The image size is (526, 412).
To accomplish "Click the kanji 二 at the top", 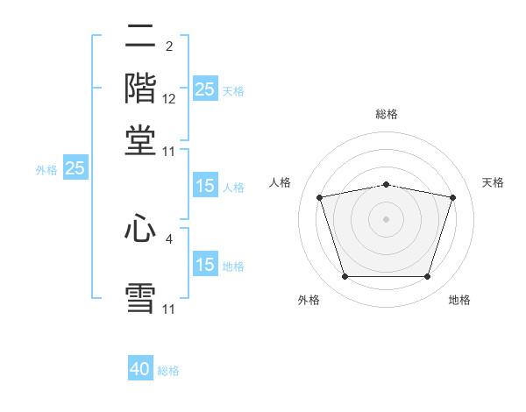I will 141,37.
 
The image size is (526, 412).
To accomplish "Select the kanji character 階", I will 141,89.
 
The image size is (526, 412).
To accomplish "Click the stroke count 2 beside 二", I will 168,46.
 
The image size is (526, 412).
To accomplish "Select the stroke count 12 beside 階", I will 169,100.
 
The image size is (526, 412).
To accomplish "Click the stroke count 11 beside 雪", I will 168,309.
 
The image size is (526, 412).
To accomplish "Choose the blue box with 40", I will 140,369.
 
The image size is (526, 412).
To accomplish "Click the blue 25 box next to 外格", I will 75,168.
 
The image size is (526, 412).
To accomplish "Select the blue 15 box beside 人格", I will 204,186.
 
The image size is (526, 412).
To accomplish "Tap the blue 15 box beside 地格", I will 204,265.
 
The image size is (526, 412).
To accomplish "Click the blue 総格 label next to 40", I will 168,371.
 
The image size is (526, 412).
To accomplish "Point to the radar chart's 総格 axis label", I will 386,114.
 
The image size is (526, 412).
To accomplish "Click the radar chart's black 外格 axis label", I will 308,300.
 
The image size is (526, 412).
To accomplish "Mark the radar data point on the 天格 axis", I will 453,197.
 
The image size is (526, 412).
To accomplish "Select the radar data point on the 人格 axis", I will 319,197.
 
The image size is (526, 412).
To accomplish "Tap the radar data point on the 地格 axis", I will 427,276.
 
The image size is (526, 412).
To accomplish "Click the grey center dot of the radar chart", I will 386,219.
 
